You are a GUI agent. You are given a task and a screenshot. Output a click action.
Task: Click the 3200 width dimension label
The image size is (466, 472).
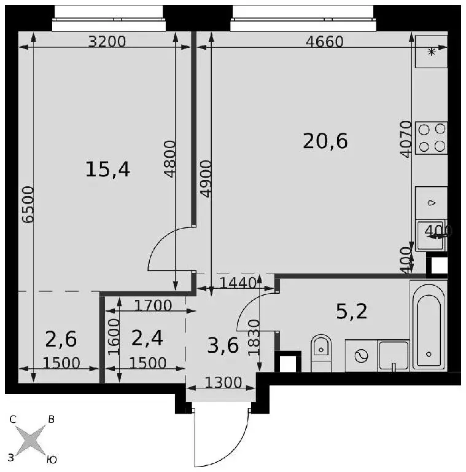(107, 42)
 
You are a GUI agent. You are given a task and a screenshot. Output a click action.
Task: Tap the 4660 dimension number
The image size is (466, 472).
(324, 42)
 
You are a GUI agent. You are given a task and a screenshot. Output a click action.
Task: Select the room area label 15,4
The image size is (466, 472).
(107, 170)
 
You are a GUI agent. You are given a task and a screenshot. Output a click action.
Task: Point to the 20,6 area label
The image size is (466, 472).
(325, 141)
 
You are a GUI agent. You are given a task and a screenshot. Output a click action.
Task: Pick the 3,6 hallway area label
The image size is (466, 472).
(223, 345)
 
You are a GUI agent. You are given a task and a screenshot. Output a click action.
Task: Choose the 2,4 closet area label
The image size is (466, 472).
(147, 338)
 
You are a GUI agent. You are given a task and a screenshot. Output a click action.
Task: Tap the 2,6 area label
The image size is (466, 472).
(61, 339)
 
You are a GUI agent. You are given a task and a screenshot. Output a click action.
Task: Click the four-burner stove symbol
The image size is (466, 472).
(432, 138)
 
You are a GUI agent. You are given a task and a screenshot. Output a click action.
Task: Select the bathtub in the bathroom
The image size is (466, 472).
(429, 326)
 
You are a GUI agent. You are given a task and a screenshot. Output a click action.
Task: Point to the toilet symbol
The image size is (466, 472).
(321, 353)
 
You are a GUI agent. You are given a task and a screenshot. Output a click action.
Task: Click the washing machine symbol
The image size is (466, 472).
(361, 356)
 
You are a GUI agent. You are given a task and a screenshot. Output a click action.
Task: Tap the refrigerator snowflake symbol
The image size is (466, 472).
(432, 52)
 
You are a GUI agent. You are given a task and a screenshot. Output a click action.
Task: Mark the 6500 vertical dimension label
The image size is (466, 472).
(28, 205)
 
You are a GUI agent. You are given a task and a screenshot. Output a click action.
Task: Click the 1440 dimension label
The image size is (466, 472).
(238, 283)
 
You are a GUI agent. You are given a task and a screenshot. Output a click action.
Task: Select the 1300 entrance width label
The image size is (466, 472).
(223, 383)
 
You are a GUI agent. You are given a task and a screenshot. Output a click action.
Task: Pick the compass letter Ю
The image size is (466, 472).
(52, 460)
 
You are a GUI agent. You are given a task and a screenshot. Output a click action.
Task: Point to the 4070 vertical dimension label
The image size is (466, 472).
(406, 139)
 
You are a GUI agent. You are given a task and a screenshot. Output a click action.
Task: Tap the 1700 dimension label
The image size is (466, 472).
(153, 305)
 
